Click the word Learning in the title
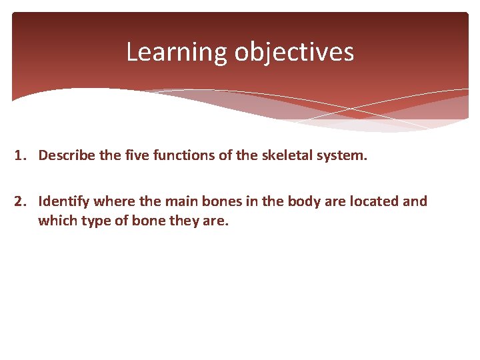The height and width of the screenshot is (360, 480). (177, 52)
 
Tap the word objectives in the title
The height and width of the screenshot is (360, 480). (293, 52)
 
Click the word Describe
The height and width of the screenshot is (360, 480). (65, 155)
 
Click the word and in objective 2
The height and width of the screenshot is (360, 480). (415, 201)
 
